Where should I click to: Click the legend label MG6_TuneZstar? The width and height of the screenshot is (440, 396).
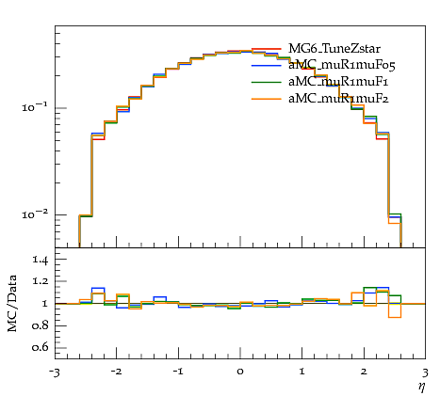[334, 49]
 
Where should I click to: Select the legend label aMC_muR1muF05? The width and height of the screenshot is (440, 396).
[342, 66]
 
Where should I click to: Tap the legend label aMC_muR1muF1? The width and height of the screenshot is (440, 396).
[338, 82]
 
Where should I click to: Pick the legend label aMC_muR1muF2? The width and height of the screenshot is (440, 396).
[338, 99]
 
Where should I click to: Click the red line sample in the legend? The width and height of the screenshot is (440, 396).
[266, 49]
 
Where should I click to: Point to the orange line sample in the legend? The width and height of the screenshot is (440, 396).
[266, 99]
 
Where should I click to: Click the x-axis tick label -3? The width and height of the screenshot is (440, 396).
[55, 372]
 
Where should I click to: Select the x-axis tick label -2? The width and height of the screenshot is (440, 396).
[116, 372]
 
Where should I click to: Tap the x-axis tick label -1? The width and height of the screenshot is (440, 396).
[178, 372]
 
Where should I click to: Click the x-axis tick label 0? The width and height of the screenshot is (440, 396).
[240, 372]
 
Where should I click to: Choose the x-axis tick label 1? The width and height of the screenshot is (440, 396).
[302, 372]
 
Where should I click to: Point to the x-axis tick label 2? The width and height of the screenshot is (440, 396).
[364, 372]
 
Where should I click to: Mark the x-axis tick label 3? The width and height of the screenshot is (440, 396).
[426, 372]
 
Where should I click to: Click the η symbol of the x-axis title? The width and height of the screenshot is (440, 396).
[422, 387]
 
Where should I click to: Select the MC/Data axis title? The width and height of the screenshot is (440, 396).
[12, 304]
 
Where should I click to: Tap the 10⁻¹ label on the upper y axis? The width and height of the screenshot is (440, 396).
[35, 107]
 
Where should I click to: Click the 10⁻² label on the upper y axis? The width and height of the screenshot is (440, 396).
[35, 214]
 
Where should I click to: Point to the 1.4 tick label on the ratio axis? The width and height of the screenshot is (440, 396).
[41, 260]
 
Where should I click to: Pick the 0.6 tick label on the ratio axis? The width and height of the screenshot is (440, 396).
[41, 347]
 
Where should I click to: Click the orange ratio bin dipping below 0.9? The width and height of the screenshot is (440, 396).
[395, 317]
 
